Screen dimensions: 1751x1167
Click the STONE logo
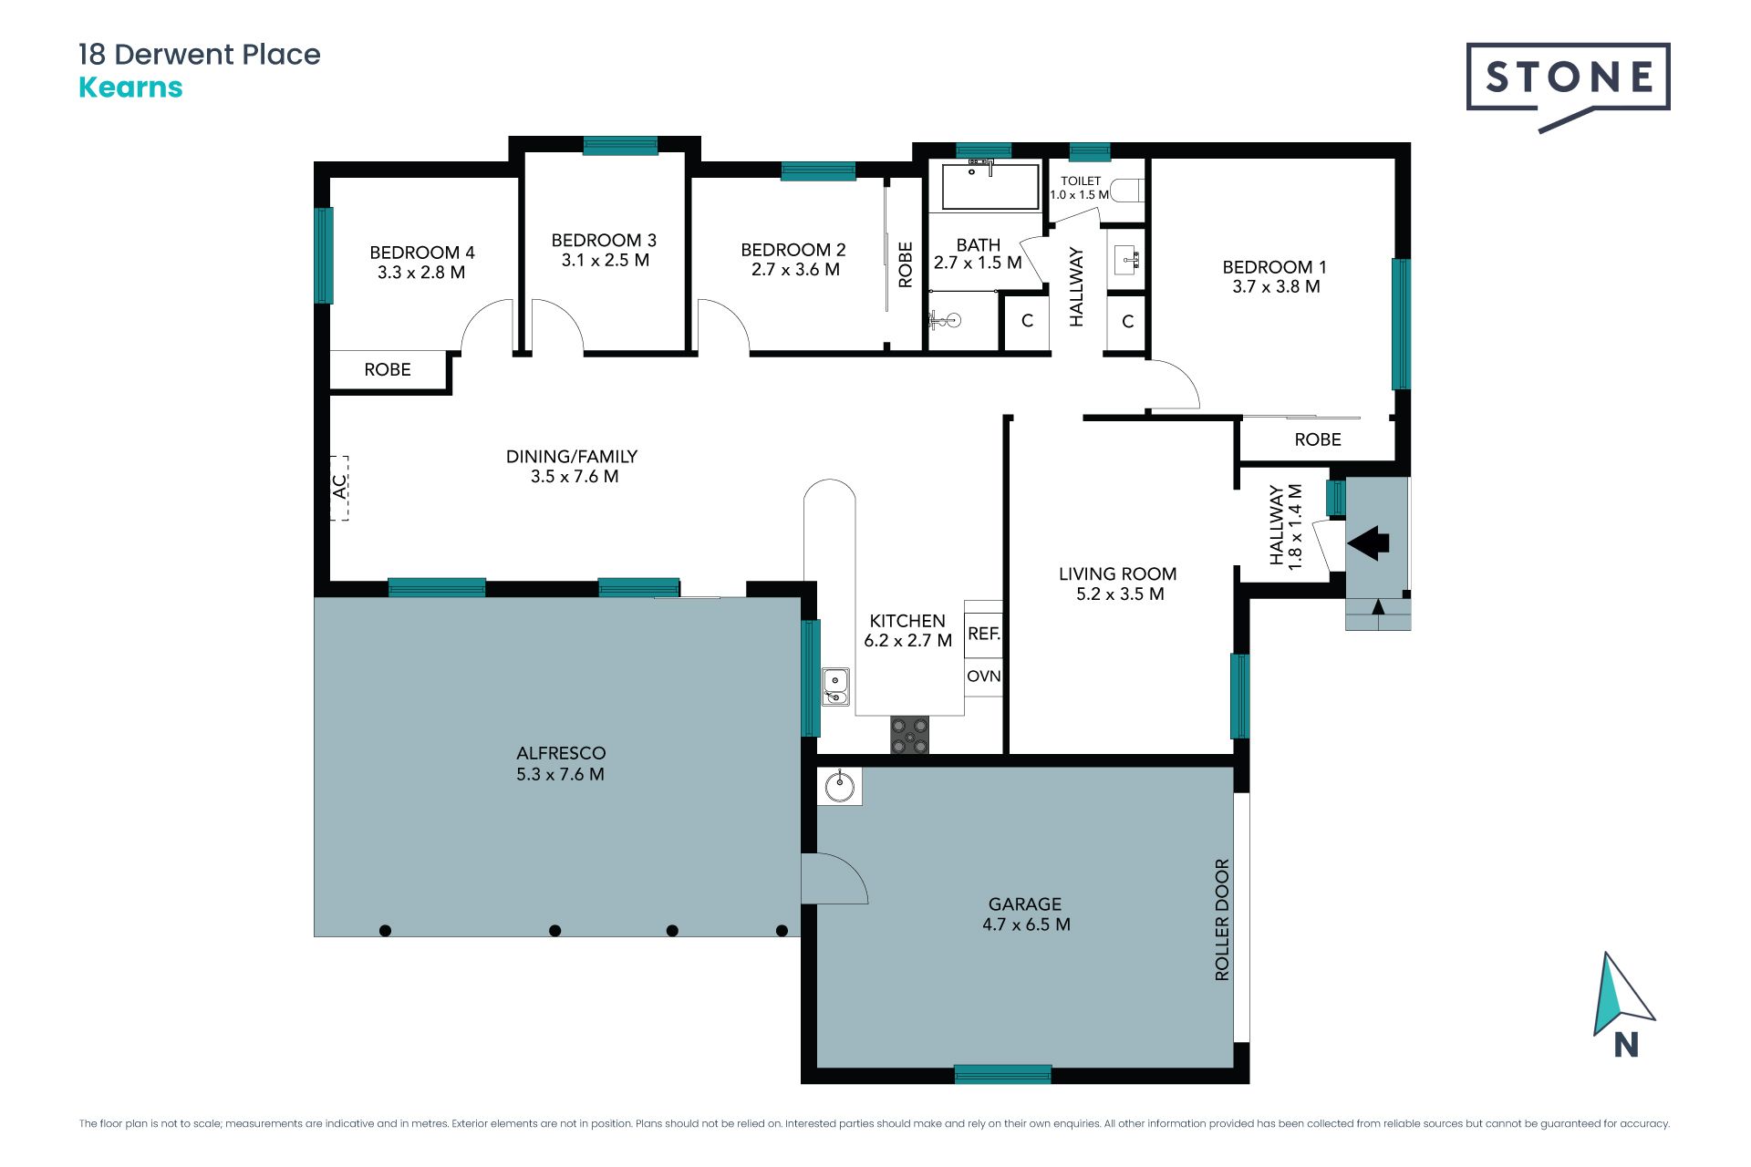coord(1568,87)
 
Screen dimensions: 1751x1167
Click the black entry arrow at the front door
coord(1368,542)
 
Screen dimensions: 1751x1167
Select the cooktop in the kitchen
coord(909,735)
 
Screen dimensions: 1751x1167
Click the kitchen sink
coord(835,687)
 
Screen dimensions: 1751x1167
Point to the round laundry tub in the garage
coord(839,786)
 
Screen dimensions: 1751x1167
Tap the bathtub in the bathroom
coord(989,186)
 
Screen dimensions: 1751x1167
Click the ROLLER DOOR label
coord(1222,920)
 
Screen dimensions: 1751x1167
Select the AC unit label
coord(339,487)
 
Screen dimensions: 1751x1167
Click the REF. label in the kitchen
coord(984,634)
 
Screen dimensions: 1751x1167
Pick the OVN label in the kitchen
coord(984,676)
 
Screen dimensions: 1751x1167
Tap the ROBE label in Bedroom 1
coord(1318,439)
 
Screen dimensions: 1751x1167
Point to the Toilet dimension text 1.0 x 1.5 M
coord(1080,194)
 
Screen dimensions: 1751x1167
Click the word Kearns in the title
coord(130,88)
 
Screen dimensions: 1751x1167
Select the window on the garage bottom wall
coord(1002,1074)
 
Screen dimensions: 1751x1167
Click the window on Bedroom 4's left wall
coord(323,255)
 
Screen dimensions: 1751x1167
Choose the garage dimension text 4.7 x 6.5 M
coord(1026,924)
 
